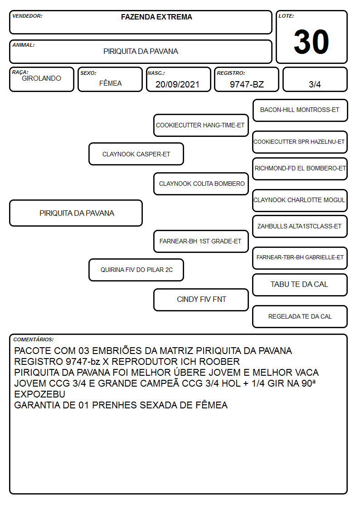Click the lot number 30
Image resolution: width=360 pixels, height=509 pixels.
pyautogui.click(x=311, y=42)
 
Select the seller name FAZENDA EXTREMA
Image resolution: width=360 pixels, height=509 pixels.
pyautogui.click(x=156, y=17)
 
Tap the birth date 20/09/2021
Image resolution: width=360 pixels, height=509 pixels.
pyautogui.click(x=177, y=84)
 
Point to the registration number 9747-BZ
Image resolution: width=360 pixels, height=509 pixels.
pyautogui.click(x=247, y=84)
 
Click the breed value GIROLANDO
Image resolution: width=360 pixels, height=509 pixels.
pyautogui.click(x=41, y=78)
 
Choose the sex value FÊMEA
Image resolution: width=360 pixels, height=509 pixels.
pyautogui.click(x=110, y=83)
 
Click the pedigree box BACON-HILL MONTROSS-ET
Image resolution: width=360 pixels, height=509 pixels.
pyautogui.click(x=300, y=111)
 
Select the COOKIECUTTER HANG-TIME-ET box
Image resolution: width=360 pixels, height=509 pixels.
pyautogui.click(x=201, y=125)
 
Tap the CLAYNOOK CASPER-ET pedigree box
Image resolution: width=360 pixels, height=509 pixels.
pyautogui.click(x=136, y=154)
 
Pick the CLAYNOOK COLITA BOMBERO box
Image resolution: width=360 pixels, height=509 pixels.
pyautogui.click(x=201, y=184)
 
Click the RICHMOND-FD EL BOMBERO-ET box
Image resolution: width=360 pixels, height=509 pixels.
pyautogui.click(x=300, y=169)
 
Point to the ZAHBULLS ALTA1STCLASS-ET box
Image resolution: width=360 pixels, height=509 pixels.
pyautogui.click(x=300, y=227)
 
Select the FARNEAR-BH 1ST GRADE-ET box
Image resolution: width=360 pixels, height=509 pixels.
pyautogui.click(x=201, y=241)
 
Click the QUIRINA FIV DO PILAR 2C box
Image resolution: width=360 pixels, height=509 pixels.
pyautogui.click(x=136, y=270)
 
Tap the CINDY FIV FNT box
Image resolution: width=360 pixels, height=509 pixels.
pyautogui.click(x=201, y=300)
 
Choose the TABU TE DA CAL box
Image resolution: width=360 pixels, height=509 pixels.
pyautogui.click(x=300, y=285)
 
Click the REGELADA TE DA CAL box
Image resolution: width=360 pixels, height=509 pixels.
pyautogui.click(x=300, y=316)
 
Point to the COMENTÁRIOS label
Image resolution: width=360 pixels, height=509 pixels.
pyautogui.click(x=34, y=339)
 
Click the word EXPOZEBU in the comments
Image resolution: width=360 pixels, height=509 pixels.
pyautogui.click(x=39, y=394)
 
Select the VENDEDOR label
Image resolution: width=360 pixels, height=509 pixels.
pyautogui.click(x=27, y=16)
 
